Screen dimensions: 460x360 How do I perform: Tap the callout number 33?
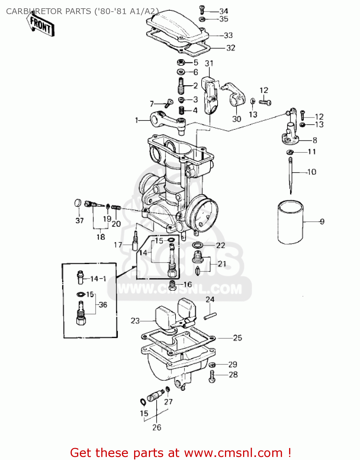click(228, 36)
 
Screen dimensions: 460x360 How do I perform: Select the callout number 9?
click(322, 221)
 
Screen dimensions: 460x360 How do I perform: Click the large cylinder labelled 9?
click(290, 222)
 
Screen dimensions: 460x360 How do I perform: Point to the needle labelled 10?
click(291, 175)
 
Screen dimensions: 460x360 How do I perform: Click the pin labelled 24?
click(210, 316)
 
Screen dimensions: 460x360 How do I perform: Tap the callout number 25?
click(237, 338)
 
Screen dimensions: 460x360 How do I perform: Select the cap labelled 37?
click(78, 203)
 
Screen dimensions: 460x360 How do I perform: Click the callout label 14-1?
click(98, 279)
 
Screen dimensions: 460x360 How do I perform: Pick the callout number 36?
click(103, 305)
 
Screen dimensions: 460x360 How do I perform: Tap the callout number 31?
click(209, 63)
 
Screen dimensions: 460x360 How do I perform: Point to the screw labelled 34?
click(202, 10)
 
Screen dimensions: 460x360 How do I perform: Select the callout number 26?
click(157, 427)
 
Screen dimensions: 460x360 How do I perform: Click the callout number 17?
click(118, 245)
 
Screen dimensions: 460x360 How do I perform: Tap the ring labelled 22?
click(197, 245)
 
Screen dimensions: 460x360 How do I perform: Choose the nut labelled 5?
click(181, 63)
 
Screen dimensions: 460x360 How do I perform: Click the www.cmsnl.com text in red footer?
click(233, 453)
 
